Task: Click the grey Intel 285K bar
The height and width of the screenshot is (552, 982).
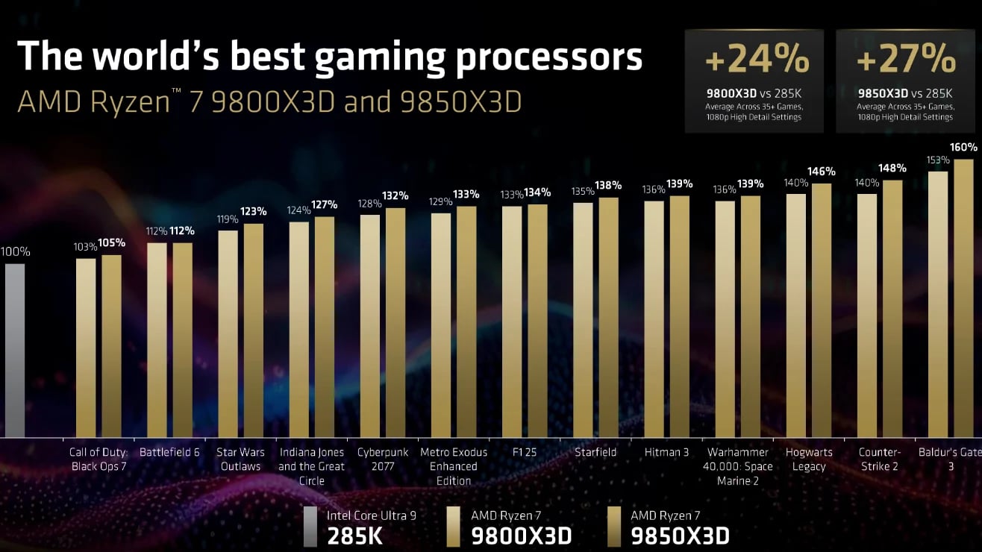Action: click(x=15, y=350)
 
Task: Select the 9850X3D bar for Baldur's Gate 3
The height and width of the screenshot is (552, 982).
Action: click(x=964, y=298)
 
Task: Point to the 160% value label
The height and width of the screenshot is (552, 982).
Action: click(x=963, y=147)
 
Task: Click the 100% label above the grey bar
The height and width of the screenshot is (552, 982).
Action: click(x=15, y=252)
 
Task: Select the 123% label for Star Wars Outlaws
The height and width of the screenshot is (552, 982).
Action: click(x=254, y=211)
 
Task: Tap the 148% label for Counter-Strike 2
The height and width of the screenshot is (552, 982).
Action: click(x=892, y=168)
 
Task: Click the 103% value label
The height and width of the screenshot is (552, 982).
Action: click(x=86, y=246)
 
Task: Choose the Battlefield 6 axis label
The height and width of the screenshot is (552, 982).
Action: click(x=169, y=452)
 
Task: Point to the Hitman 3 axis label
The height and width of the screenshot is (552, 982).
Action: click(x=666, y=452)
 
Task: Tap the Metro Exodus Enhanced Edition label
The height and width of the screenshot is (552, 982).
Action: click(x=454, y=466)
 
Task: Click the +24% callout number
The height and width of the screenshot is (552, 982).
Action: click(x=756, y=59)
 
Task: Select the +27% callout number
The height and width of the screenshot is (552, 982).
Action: click(x=907, y=59)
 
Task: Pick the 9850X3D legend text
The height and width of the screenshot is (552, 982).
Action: click(x=680, y=535)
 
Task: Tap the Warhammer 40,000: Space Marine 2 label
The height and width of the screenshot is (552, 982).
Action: click(x=738, y=466)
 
